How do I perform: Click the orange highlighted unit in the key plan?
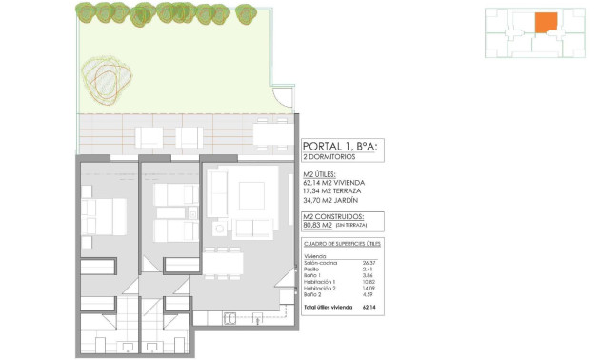(x=546, y=23)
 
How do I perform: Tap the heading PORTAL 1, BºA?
(x=340, y=146)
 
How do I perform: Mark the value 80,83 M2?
(x=317, y=225)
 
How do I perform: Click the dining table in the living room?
(x=224, y=262)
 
